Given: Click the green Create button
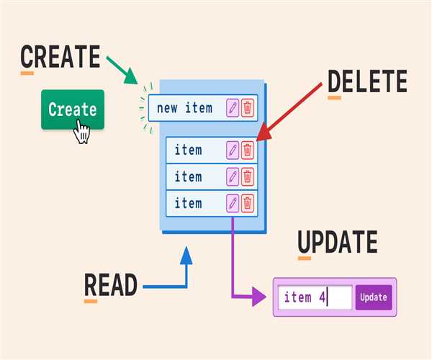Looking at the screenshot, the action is [x=73, y=109].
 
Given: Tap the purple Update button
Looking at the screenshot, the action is [x=374, y=297].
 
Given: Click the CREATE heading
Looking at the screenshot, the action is [x=60, y=56].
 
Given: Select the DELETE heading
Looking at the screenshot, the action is [x=367, y=81].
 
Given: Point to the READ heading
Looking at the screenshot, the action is [x=111, y=285].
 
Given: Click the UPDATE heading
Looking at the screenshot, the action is [x=338, y=242].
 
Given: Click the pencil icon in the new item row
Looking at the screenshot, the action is [x=233, y=108].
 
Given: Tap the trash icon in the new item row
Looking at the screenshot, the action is [x=248, y=108].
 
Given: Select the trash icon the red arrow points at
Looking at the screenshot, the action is [x=248, y=150].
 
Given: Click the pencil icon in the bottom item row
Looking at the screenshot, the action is [x=233, y=203].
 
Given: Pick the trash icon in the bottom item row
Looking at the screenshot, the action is [x=248, y=203].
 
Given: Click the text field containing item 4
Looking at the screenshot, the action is [x=315, y=297].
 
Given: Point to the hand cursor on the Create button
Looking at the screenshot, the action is [x=82, y=132].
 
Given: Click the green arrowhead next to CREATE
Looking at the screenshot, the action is [x=131, y=76].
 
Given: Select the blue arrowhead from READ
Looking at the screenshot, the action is [x=186, y=256].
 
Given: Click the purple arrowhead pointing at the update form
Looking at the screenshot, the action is [x=259, y=297].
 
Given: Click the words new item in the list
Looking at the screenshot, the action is [x=184, y=108].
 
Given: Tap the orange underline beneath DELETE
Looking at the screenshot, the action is [x=335, y=98].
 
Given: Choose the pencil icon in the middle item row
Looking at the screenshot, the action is [x=233, y=177].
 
